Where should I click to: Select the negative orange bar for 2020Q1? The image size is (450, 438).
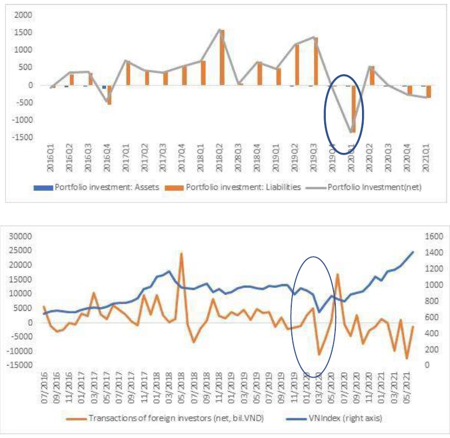click(353, 108)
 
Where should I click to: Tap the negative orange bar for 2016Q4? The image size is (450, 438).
click(109, 94)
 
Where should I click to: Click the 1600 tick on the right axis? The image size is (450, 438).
click(431, 236)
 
